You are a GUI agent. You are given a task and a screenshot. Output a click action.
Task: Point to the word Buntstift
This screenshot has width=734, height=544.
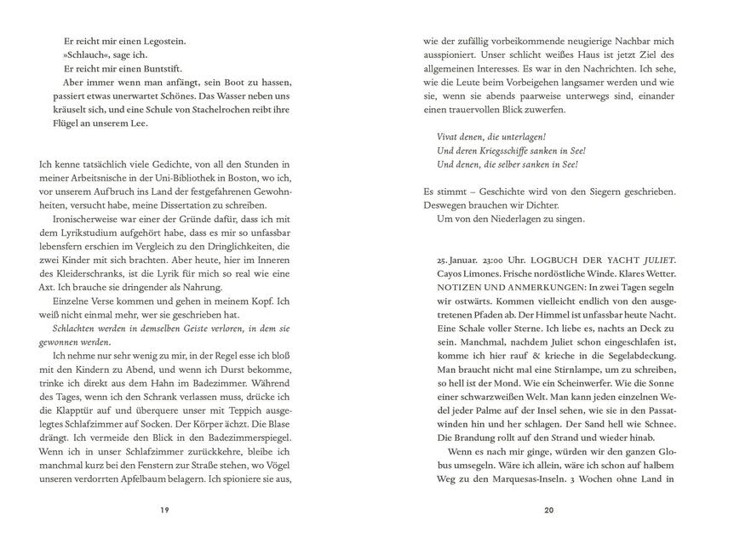[160, 69]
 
